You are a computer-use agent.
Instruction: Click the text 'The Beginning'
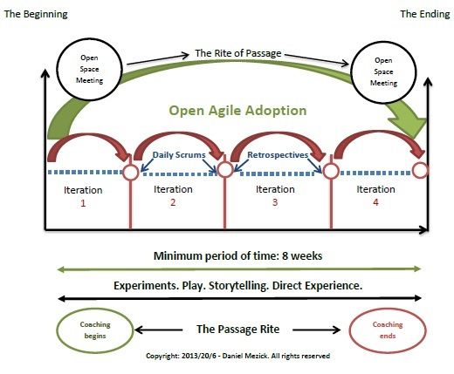coord(36,14)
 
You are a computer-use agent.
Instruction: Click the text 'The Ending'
coord(425,14)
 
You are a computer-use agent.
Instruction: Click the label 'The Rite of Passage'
coord(238,53)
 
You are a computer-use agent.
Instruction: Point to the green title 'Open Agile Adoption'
coord(237,111)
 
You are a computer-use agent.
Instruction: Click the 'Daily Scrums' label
coord(179,155)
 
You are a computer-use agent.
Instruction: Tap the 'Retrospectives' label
coord(278,155)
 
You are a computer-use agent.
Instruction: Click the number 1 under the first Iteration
coord(83,203)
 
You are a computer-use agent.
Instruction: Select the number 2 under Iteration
coord(173,202)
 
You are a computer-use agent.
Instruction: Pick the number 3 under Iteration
coord(275,202)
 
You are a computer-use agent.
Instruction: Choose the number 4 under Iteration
coord(375,202)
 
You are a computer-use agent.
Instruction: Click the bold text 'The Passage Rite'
coord(237,330)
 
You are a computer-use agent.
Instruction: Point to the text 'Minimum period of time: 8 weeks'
coord(237,256)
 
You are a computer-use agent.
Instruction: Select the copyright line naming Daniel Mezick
coord(237,356)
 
